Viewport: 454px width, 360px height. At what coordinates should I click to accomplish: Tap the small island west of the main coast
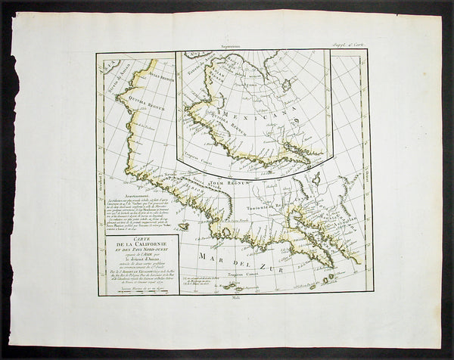(x=183, y=225)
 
